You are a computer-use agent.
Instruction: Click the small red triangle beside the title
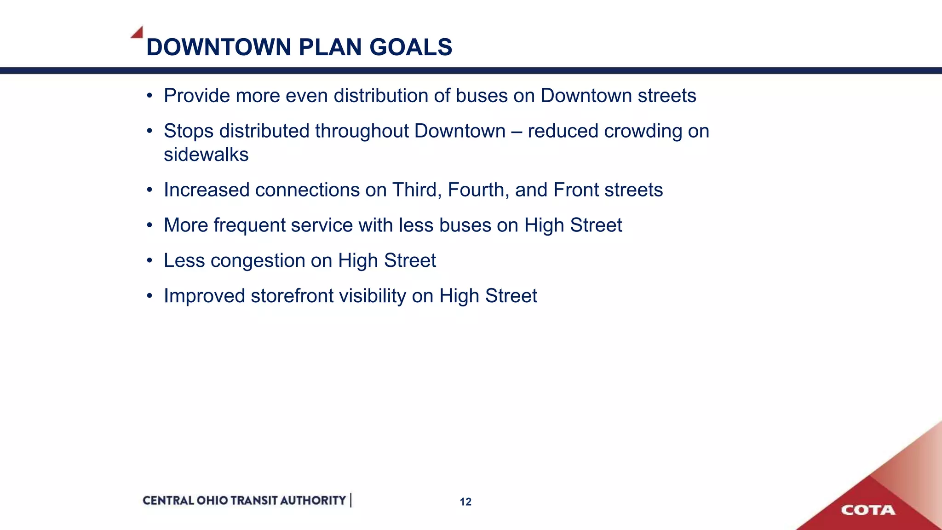(138, 33)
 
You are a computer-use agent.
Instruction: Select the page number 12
(465, 502)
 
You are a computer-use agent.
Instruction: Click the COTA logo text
(868, 510)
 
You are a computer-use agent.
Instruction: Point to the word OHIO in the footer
(212, 501)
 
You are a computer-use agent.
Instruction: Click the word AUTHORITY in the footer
(313, 501)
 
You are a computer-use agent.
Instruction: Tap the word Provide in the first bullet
(196, 96)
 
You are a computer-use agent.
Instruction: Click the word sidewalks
(206, 155)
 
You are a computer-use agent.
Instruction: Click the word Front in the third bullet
(576, 190)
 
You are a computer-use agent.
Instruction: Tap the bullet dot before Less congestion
(149, 261)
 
